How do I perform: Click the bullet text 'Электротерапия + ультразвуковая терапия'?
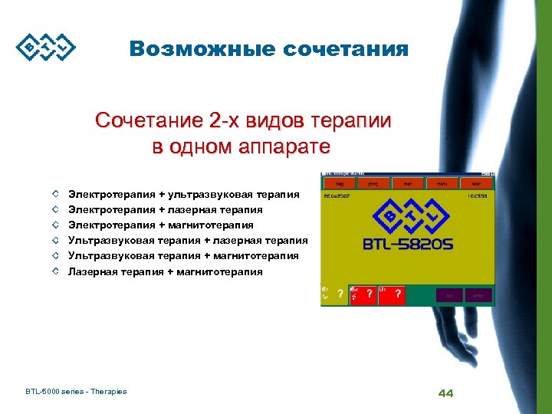point(184,194)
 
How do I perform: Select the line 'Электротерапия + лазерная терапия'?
point(166,209)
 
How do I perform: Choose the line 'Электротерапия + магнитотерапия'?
point(161,225)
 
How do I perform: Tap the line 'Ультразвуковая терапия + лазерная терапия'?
point(188,240)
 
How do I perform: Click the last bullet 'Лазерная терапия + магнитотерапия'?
point(166,271)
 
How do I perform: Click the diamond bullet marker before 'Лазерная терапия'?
point(57,271)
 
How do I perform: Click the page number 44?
point(445,393)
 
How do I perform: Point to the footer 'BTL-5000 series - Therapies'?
point(76,392)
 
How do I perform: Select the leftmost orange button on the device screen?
point(338,184)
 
